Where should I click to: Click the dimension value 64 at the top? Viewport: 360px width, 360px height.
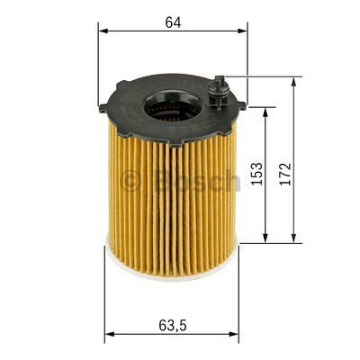tap(173, 22)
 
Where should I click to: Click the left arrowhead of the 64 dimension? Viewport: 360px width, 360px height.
tap(103, 31)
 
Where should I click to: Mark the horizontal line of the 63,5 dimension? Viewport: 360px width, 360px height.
tap(172, 336)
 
